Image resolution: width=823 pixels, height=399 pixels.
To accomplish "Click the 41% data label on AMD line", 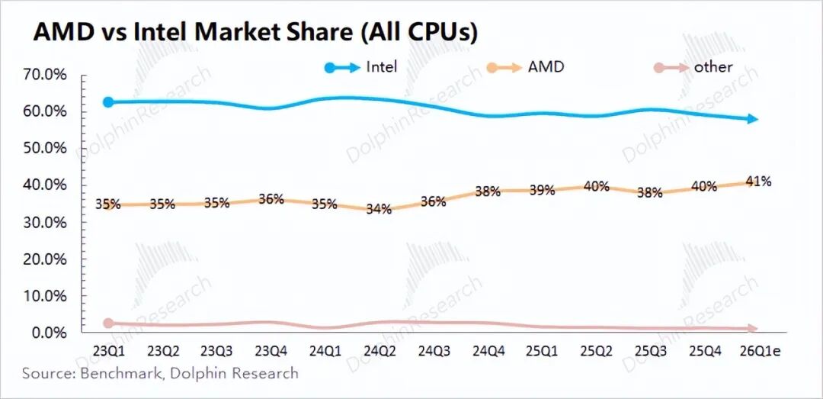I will click(758, 181).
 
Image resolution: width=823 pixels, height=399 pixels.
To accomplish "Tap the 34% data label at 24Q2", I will click(379, 208).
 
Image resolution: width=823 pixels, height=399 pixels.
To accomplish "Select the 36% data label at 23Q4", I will click(271, 199).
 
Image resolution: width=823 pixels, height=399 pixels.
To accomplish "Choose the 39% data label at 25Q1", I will click(542, 190).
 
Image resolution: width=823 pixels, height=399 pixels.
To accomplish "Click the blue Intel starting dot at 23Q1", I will click(108, 102).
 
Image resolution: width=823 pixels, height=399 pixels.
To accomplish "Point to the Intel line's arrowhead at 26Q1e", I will click(752, 119).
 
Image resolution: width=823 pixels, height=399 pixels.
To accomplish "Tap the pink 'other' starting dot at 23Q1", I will click(108, 323).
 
